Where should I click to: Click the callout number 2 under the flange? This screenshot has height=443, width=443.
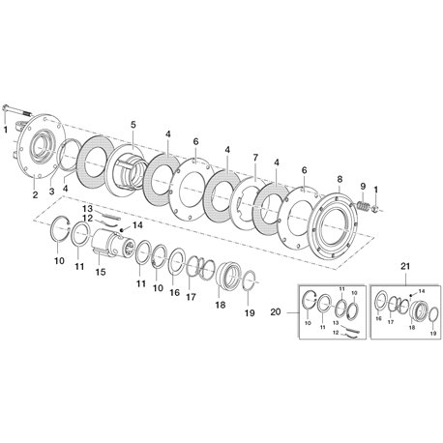pos(35,194)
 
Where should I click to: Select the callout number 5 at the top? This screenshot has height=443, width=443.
pos(133,124)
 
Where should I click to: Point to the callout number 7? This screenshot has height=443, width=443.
pos(255,158)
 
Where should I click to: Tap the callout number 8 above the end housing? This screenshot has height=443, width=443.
pos(340,179)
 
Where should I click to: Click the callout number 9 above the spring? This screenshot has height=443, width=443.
pos(363,186)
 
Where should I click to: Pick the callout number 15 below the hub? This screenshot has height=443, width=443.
pos(101,272)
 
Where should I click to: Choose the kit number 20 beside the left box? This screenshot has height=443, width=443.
pos(276,312)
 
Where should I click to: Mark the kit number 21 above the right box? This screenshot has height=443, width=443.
pos(405,267)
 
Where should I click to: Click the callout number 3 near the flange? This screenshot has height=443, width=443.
pos(51,192)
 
